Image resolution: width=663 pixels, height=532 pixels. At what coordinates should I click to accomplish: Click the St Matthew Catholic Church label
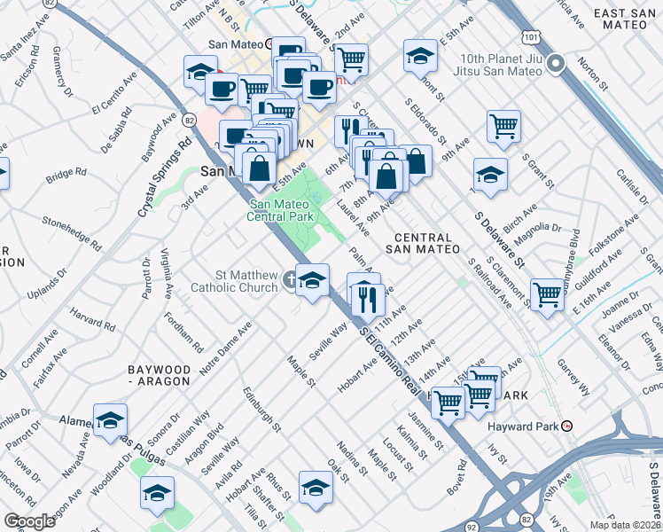pyautogui.click(x=234, y=281)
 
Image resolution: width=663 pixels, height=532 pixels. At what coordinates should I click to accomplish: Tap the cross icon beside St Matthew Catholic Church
pyautogui.click(x=289, y=282)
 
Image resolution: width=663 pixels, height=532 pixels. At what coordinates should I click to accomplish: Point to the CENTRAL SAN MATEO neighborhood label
pyautogui.click(x=423, y=244)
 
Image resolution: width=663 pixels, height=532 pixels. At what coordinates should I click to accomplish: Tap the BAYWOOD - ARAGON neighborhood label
pyautogui.click(x=159, y=374)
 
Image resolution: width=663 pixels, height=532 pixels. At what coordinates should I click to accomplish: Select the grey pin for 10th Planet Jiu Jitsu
pyautogui.click(x=556, y=63)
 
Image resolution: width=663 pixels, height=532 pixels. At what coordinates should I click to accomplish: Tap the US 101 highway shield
pyautogui.click(x=529, y=38)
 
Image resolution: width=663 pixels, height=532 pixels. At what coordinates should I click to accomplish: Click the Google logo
pyautogui.click(x=29, y=521)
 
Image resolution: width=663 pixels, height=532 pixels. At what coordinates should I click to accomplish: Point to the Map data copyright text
pyautogui.click(x=626, y=525)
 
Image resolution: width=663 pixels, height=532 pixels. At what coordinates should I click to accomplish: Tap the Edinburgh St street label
pyautogui.click(x=262, y=409)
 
